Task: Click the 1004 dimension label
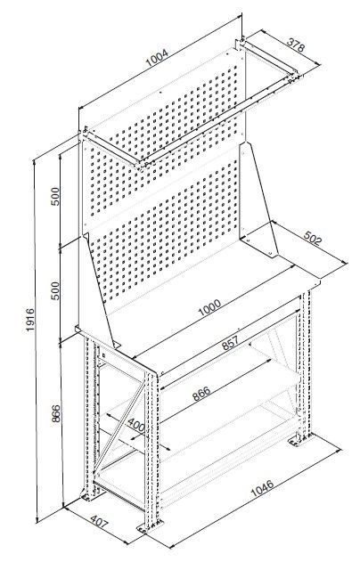pyautogui.click(x=157, y=58)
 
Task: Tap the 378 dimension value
pyautogui.click(x=296, y=45)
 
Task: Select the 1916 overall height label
pyautogui.click(x=30, y=320)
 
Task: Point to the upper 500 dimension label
pyautogui.click(x=55, y=197)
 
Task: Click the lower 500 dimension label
pyautogui.click(x=55, y=290)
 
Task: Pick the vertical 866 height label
pyautogui.click(x=56, y=413)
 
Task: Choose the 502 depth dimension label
pyautogui.click(x=313, y=238)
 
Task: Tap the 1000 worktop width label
pyautogui.click(x=209, y=308)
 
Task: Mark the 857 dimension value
pyautogui.click(x=230, y=343)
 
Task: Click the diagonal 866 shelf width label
pyautogui.click(x=201, y=394)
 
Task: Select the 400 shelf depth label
pyautogui.click(x=136, y=425)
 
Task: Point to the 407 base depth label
pyautogui.click(x=99, y=523)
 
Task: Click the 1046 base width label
pyautogui.click(x=262, y=487)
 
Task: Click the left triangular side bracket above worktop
pyautogui.click(x=97, y=290)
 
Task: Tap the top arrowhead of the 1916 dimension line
pyautogui.click(x=34, y=162)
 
